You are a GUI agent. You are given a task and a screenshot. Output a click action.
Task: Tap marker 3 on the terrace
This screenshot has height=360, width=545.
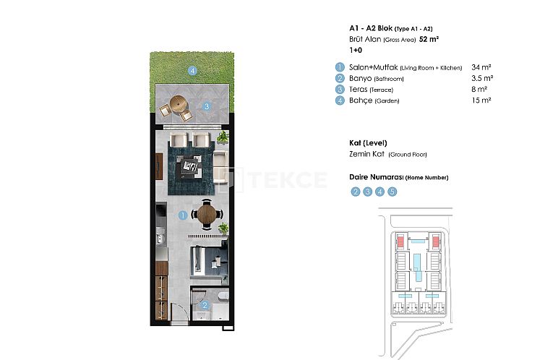pos(207,106)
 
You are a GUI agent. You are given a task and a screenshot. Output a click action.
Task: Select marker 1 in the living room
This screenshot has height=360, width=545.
pos(183,215)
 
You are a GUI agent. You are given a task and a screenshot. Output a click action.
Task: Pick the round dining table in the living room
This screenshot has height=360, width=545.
pos(207,213)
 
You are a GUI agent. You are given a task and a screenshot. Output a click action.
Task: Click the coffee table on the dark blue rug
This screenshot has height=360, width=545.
pos(192,166)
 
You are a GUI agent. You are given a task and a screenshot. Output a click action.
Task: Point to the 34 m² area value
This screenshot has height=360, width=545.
pos(481,67)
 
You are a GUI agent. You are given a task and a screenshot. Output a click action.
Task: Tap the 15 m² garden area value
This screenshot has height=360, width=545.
pos(481,100)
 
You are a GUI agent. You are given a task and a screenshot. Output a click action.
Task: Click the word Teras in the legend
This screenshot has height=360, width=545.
pos(358,90)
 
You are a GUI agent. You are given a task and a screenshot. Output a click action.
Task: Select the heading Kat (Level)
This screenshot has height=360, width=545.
pos(366,142)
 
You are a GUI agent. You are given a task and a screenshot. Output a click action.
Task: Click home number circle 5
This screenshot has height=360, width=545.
pos(392,192)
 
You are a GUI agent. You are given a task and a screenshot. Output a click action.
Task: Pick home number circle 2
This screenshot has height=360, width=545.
pos(356,192)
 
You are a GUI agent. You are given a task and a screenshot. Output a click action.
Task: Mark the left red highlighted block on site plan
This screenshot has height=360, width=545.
pos(400,240)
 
